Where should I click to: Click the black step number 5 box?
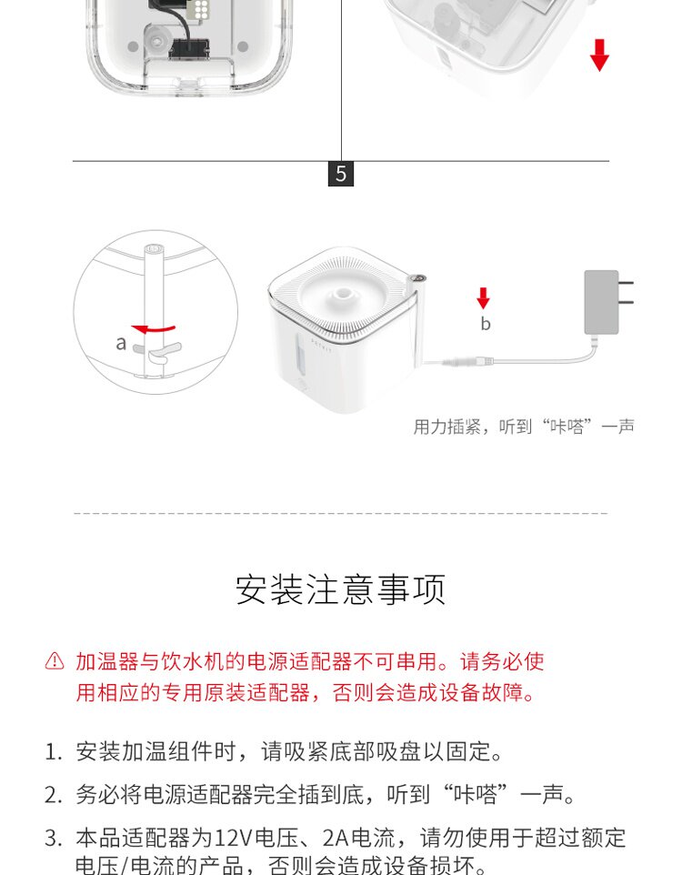point(340,174)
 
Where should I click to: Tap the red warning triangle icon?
point(55,660)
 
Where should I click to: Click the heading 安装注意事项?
point(340,589)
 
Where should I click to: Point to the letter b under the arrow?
point(485,323)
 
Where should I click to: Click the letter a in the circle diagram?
point(121,343)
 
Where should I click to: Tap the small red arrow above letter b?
point(484,298)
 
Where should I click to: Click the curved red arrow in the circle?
point(153,328)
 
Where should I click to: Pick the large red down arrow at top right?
point(599,55)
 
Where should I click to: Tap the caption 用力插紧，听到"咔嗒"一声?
point(524,427)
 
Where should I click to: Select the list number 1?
point(53,752)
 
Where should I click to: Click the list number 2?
point(53,795)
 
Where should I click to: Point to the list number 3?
point(53,839)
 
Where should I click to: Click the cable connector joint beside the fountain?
point(467,362)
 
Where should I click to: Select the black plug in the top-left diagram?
point(188,48)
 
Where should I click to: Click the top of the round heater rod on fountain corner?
point(418,277)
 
